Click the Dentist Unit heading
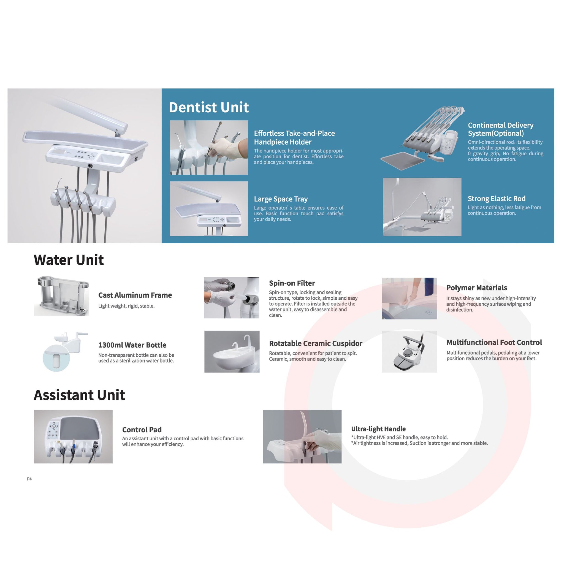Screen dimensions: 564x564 pos(209,107)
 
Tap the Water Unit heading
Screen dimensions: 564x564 pos(69,260)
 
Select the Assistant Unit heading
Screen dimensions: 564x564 pos(79,395)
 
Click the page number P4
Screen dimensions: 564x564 pos(29,479)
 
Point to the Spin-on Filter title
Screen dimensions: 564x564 pos(292,283)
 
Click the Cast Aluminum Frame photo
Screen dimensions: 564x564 pos(62,296)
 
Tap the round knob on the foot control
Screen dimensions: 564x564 pos(407,354)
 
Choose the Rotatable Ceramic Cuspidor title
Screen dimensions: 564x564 pos(316,343)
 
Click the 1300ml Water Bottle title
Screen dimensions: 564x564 pos(132,345)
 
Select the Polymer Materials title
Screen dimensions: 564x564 pos(477,288)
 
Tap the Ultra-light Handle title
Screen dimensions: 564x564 pos(378,429)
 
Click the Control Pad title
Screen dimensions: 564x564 pos(142,430)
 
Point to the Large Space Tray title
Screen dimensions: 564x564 pos(281,199)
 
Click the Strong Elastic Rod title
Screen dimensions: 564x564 pos(497,199)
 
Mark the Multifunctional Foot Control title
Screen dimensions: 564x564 pos(494,342)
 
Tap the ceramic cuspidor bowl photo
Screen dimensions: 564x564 pos(232,351)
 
